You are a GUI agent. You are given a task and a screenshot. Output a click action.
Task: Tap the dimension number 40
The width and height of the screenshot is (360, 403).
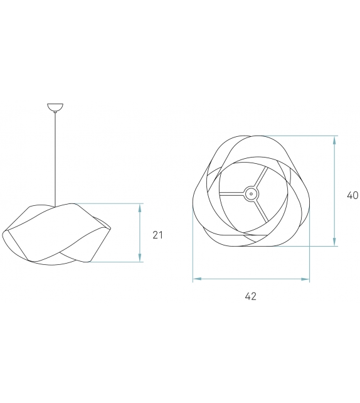[352, 195]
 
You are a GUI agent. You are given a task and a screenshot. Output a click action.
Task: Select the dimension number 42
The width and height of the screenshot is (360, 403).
[250, 296]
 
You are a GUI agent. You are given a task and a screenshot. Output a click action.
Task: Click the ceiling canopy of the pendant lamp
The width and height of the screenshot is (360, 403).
[56, 107]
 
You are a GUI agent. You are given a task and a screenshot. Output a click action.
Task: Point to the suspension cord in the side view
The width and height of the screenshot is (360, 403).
[56, 157]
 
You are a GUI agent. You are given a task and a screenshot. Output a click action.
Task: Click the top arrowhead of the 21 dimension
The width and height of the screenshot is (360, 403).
[139, 207]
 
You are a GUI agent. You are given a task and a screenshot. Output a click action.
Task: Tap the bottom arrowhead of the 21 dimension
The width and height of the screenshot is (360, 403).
[139, 258]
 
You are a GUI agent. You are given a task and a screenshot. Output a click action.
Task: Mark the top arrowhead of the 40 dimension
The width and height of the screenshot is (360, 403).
[335, 139]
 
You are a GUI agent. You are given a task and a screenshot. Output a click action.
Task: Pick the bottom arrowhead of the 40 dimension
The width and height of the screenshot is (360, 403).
[335, 242]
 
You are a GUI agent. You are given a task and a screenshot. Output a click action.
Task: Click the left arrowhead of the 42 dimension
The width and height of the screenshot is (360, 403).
[196, 279]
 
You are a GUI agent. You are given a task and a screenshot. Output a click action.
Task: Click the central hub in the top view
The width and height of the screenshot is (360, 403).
[251, 194]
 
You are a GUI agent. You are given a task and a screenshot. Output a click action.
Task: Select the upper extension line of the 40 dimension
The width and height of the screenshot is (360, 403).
[301, 136]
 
